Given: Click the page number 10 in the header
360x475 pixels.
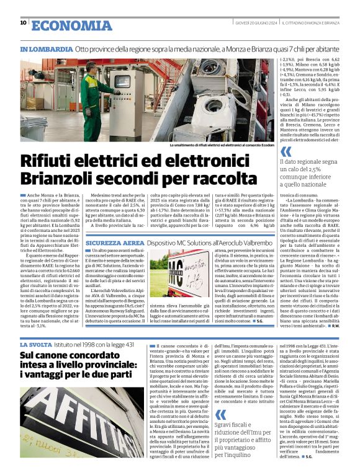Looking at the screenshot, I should pos(23,23).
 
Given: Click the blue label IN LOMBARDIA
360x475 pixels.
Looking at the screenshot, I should pos(46,48).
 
